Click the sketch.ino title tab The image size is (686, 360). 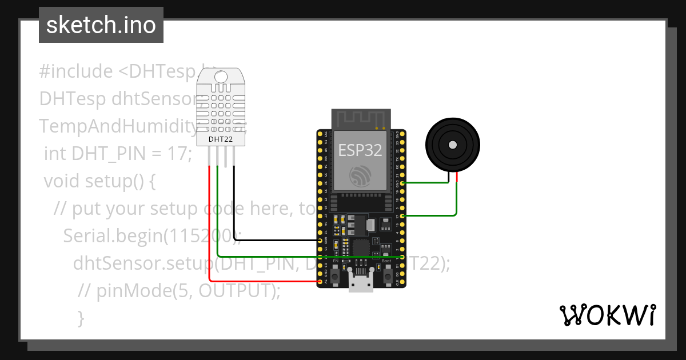pyautogui.click(x=101, y=25)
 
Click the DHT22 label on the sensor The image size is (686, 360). pyautogui.click(x=220, y=138)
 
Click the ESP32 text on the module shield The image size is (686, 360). pyautogui.click(x=360, y=150)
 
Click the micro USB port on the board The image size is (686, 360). pyautogui.click(x=361, y=283)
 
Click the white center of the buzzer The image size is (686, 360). pyautogui.click(x=452, y=145)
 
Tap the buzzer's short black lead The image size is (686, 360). pyautogui.click(x=449, y=177)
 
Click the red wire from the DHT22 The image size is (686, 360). pyautogui.click(x=210, y=229)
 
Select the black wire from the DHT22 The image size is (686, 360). pyautogui.click(x=234, y=206)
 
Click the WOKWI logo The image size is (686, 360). pyautogui.click(x=607, y=315)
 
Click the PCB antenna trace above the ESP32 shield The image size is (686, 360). pyautogui.click(x=361, y=119)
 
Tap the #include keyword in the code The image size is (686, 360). pyautogui.click(x=76, y=71)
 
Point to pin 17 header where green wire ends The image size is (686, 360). pyautogui.click(x=404, y=216)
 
